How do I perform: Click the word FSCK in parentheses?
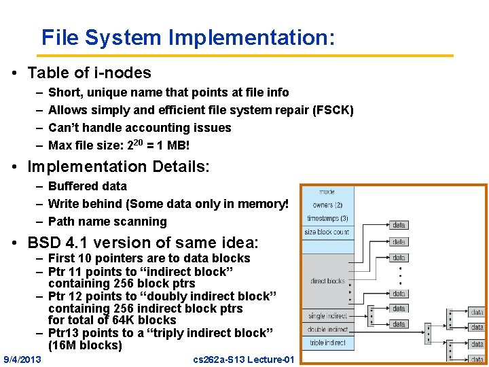pos(332,110)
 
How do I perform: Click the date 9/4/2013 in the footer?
pos(22,358)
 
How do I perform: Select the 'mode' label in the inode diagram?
pos(327,192)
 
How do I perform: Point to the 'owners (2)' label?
pos(327,205)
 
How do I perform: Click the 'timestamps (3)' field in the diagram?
pos(327,218)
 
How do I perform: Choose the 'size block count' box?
pos(327,232)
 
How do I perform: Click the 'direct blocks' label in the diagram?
pos(327,281)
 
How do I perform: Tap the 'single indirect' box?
pos(327,316)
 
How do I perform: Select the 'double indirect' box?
pos(327,329)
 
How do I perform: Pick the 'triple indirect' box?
pos(327,343)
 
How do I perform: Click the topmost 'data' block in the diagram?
pos(399,225)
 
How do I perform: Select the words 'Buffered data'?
pos(88,186)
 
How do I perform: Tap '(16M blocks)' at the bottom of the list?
pos(85,345)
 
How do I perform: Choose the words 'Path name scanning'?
pos(107,222)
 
